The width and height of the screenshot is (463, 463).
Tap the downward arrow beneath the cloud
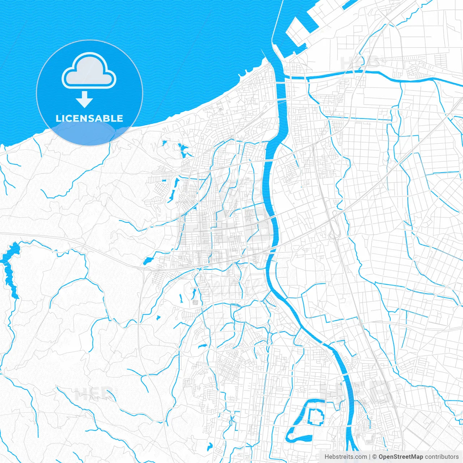(x=85, y=99)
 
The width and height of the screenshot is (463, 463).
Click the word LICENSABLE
(x=89, y=118)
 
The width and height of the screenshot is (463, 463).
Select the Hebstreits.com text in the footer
(x=345, y=457)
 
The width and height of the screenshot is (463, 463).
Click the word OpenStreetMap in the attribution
(x=400, y=457)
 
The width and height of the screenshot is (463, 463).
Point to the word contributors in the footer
(x=442, y=457)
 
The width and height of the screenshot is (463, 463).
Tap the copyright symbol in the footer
(x=375, y=457)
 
